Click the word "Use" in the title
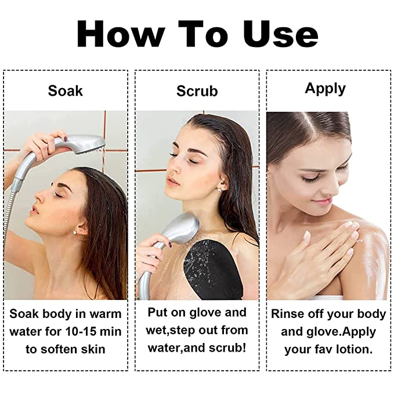pos(281,34)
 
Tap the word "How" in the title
pos(121,34)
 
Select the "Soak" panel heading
pos(66,91)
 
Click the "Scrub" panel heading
pos(197,91)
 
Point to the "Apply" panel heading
pos(325,89)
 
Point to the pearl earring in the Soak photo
pos(75,233)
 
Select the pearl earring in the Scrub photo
pos(220,190)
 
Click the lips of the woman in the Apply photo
pos(324,201)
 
